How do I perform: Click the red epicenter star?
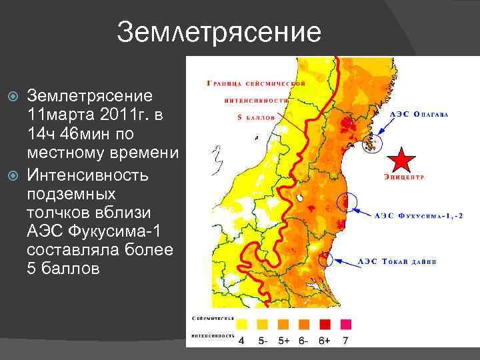403,161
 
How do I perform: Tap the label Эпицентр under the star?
404,177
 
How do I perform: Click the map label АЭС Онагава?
418,115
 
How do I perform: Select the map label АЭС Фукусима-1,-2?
418,215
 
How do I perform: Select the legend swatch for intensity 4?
241,325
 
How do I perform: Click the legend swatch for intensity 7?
345,325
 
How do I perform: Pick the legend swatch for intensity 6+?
325,325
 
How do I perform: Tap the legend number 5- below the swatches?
262,341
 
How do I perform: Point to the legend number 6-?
303,341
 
